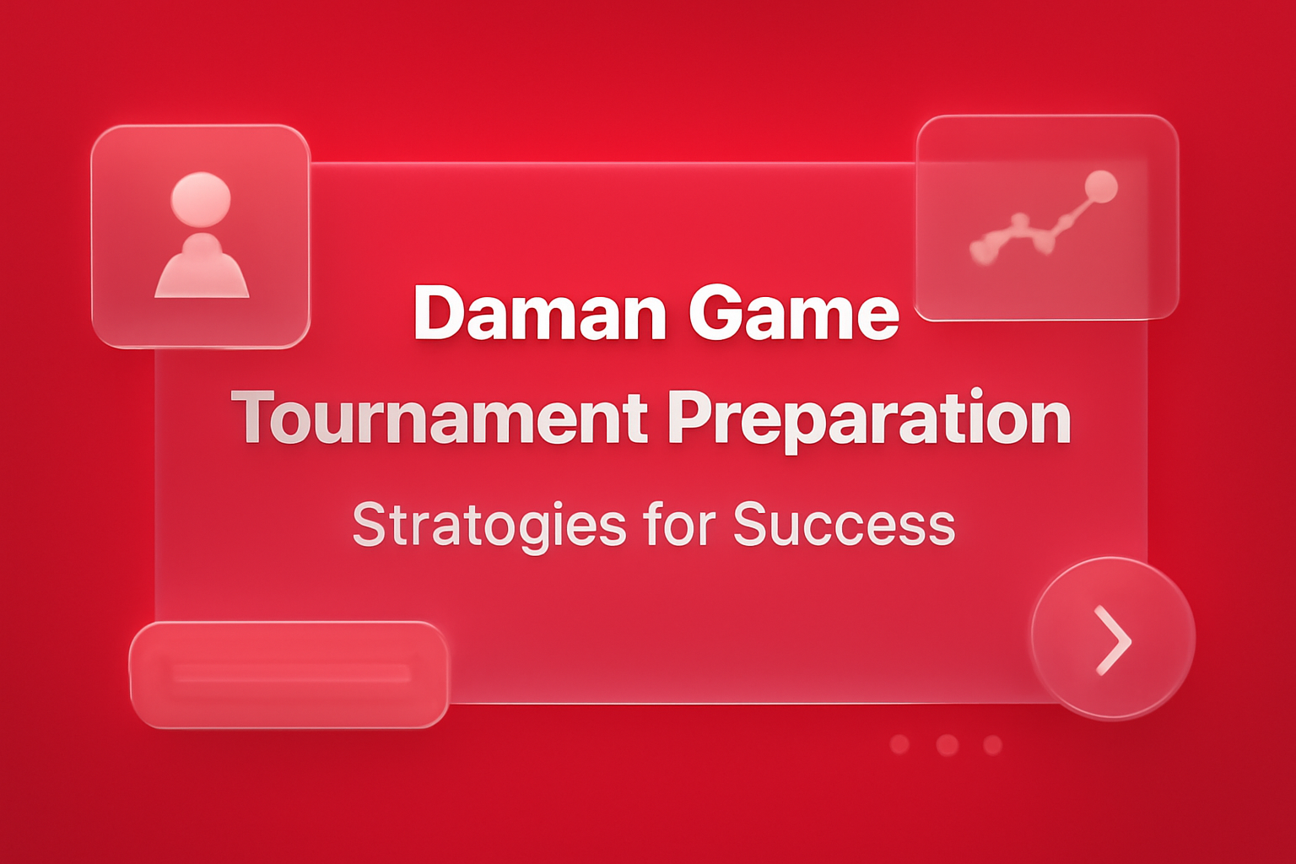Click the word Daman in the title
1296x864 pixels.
click(541, 314)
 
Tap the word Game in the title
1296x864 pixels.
click(793, 314)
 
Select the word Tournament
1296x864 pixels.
click(440, 418)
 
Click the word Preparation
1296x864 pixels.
click(869, 418)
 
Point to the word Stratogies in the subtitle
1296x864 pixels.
click(489, 525)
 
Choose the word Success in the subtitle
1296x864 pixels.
click(844, 524)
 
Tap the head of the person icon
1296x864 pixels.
click(201, 199)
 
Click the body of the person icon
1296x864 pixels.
click(202, 268)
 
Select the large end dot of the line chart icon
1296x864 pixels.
click(1100, 186)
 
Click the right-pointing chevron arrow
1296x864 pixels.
click(1114, 640)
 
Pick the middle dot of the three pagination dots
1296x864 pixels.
click(948, 745)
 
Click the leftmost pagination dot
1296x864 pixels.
click(899, 744)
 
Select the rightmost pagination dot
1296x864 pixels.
click(993, 745)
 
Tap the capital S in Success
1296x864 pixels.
click(753, 524)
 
